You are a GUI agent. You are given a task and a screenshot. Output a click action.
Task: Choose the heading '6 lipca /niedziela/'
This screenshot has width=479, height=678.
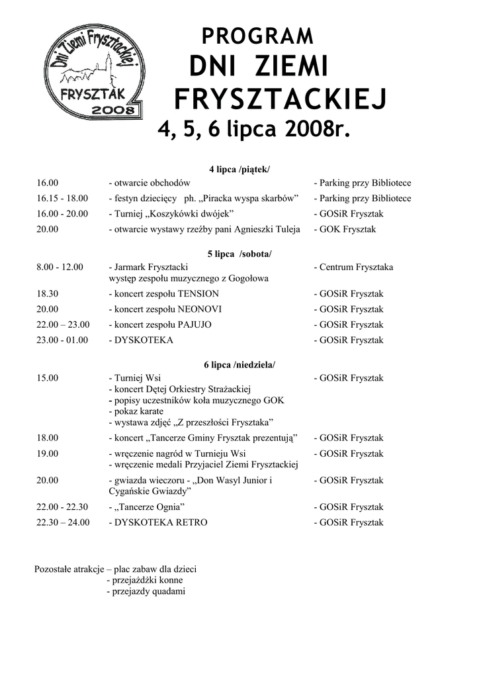coord(239,365)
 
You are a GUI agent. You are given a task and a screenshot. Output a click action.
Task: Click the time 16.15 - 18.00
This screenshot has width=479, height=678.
coord(62,199)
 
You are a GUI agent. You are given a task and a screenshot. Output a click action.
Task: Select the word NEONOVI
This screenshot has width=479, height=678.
coord(200,309)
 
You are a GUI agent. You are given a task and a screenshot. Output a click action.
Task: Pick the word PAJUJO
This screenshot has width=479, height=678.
coord(195,324)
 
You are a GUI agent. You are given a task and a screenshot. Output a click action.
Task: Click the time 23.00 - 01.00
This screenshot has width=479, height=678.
coord(62,340)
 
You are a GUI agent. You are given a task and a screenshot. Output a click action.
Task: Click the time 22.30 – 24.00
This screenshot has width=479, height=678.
coord(63,522)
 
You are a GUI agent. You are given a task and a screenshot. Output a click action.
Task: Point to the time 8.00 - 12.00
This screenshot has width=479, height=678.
coord(60,267)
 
